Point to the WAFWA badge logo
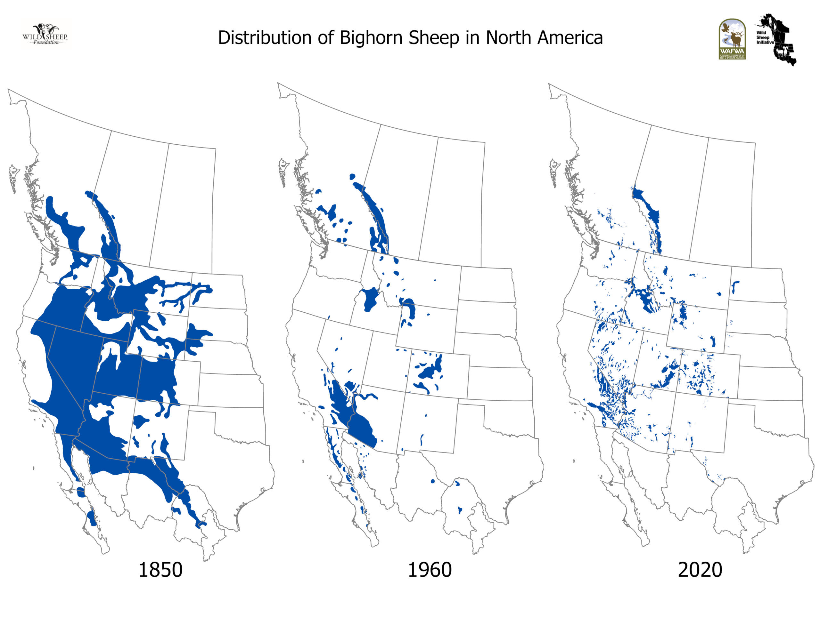click(732, 39)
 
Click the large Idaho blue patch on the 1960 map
click(371, 298)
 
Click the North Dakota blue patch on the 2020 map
click(734, 287)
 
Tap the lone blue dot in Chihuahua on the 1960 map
click(432, 481)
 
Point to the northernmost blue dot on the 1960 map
click(352, 176)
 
